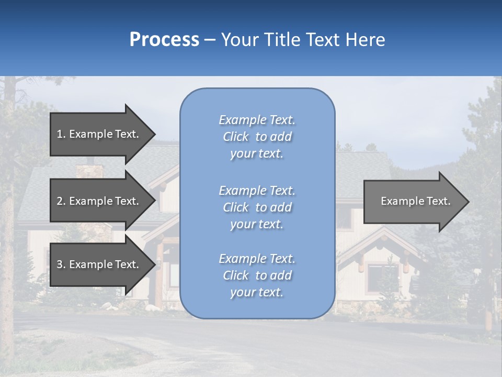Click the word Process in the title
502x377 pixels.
164,40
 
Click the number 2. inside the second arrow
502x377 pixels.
61,201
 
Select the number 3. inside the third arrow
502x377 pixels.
61,264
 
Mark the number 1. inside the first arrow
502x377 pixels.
61,134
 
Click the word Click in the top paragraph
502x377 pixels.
236,137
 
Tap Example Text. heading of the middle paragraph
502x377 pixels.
257,191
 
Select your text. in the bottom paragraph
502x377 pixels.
257,292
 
